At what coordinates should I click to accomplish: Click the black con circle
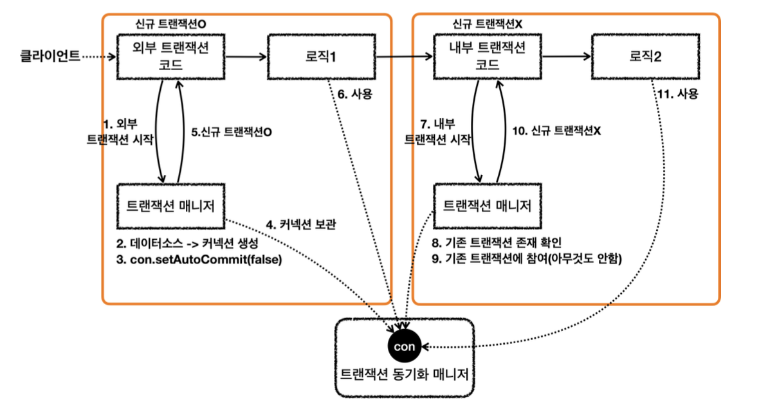point(405,347)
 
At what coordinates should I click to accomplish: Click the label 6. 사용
point(355,94)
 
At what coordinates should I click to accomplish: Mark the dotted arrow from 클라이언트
point(98,57)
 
